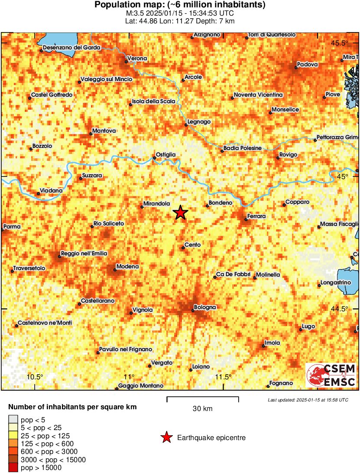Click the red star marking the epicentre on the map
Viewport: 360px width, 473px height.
click(x=180, y=213)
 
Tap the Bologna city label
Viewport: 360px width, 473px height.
click(x=204, y=307)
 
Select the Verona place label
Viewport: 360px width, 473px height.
click(x=137, y=59)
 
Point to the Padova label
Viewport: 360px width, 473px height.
click(x=307, y=65)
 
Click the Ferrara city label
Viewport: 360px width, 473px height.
click(x=256, y=216)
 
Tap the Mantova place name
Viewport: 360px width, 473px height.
click(x=104, y=130)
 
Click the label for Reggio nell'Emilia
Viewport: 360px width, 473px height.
click(x=84, y=254)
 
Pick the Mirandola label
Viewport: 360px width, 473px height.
click(x=156, y=203)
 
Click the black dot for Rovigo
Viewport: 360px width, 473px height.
click(x=278, y=158)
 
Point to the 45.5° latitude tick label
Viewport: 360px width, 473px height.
click(x=340, y=43)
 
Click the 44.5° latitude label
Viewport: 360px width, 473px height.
click(x=340, y=309)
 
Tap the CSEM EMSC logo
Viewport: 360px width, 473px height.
click(x=331, y=375)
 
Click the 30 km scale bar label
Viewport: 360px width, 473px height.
click(x=202, y=408)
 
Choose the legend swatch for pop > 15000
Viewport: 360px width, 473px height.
click(x=13, y=468)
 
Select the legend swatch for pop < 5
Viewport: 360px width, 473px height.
click(x=13, y=419)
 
